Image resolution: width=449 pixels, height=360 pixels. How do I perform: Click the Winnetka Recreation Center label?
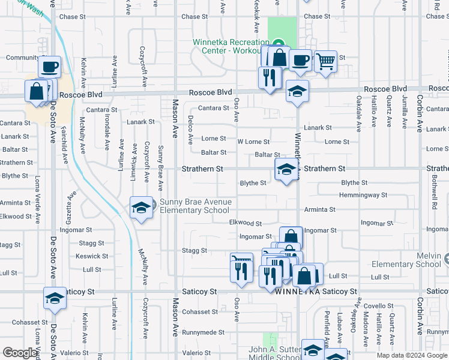click(231, 46)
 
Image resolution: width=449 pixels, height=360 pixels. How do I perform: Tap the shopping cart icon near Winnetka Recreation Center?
click(325, 61)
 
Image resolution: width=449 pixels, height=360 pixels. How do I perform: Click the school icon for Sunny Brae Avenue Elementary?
click(141, 208)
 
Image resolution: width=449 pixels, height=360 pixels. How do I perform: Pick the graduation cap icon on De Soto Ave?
click(54, 298)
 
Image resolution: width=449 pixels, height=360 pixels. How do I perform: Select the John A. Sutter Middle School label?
click(276, 354)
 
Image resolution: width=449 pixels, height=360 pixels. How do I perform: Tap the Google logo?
click(20, 353)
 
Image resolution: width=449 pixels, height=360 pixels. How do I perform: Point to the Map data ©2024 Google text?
click(412, 355)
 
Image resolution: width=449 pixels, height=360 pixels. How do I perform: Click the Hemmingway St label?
click(363, 195)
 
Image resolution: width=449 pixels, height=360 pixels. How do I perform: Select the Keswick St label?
click(84, 256)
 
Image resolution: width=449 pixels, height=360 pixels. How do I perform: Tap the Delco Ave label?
click(191, 130)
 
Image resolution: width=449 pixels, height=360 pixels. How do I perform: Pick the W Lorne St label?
click(253, 142)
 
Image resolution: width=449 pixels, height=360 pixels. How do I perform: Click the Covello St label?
click(378, 306)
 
